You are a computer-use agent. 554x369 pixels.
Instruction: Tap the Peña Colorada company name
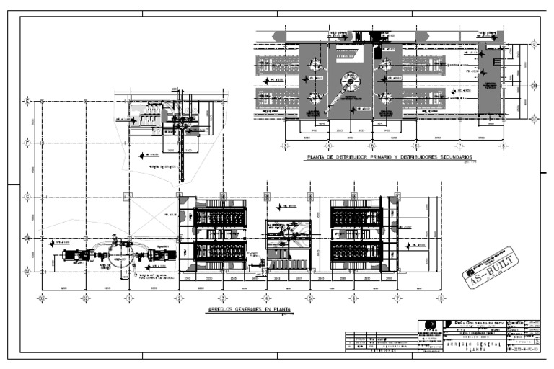480,322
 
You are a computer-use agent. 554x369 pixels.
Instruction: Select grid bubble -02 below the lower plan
84,297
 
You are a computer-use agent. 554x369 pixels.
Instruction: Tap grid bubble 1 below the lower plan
128,297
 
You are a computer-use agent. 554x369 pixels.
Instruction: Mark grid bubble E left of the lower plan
27,102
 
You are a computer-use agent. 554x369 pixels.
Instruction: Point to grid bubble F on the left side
27,143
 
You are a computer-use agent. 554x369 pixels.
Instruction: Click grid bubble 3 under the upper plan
285,146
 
